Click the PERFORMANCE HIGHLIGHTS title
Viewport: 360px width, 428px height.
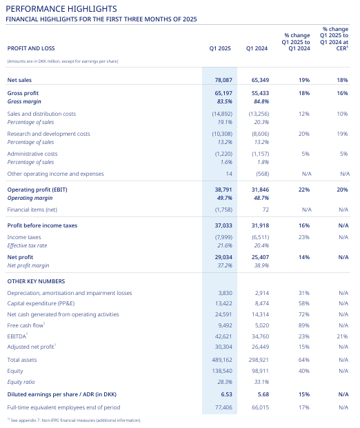tap(61, 9)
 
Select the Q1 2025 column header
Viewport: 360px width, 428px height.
tap(220, 48)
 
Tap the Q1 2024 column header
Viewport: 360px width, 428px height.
tap(257, 48)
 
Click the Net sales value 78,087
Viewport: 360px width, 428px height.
tap(223, 80)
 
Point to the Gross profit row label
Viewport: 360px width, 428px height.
tap(23, 93)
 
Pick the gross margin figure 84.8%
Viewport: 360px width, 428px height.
tap(261, 101)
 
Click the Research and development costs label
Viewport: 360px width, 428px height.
tap(48, 134)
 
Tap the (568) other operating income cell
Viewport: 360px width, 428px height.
tap(263, 174)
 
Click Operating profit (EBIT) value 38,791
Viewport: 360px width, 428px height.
tap(223, 190)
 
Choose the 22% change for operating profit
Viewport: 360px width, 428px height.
tap(304, 190)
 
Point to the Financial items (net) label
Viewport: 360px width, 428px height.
tap(32, 210)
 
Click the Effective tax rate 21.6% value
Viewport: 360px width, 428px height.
tap(225, 245)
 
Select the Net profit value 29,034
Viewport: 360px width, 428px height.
tap(223, 257)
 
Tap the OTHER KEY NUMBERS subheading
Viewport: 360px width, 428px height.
tap(36, 281)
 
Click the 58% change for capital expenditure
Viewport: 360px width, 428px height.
tap(304, 303)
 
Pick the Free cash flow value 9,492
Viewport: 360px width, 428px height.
tap(225, 325)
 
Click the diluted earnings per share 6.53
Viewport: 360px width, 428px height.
tap(226, 394)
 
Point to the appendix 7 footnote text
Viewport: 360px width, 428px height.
tap(74, 420)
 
